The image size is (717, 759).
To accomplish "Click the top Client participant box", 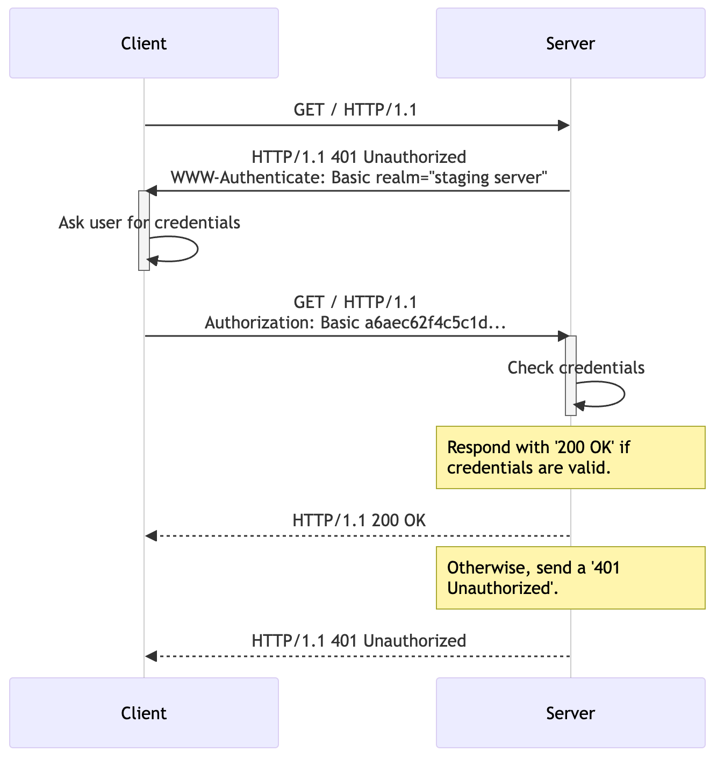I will (x=144, y=43).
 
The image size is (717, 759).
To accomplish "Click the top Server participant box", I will (x=570, y=43).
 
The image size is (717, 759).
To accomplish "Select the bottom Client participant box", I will (x=144, y=713).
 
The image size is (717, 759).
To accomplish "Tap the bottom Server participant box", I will (x=570, y=713).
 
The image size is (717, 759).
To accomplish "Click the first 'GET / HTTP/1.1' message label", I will (x=355, y=110).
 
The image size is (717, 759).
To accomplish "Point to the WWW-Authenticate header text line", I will (x=358, y=177).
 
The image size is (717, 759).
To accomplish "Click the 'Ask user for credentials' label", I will (x=149, y=223).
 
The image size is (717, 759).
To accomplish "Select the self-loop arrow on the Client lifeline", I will (x=197, y=249).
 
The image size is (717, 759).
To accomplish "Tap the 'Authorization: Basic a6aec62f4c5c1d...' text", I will (x=355, y=323).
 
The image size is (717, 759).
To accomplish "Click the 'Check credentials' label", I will (x=576, y=368).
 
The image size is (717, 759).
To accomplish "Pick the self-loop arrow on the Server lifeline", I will (x=623, y=394).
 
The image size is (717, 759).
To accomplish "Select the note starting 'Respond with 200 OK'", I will (x=570, y=457).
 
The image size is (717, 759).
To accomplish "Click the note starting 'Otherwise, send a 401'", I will (x=570, y=578).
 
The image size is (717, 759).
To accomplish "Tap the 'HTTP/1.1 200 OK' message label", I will (x=359, y=520).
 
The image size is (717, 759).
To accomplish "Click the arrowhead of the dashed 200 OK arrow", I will (x=151, y=536).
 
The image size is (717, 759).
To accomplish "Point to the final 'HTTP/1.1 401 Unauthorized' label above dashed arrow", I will (x=358, y=641).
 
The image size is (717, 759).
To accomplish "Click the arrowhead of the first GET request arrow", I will (x=563, y=125).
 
